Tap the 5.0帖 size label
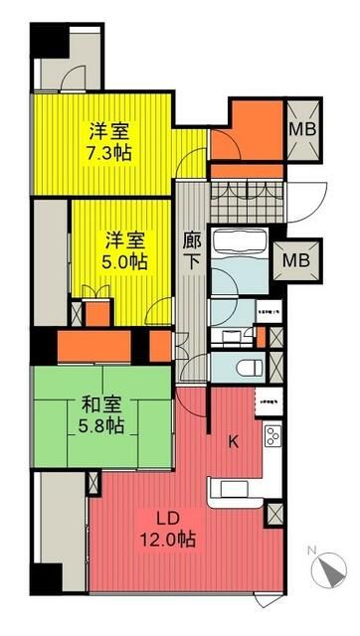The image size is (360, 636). pos(127,262)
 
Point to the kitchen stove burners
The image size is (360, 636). pos(271,437)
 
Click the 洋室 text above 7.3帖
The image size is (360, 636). pos(110,130)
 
